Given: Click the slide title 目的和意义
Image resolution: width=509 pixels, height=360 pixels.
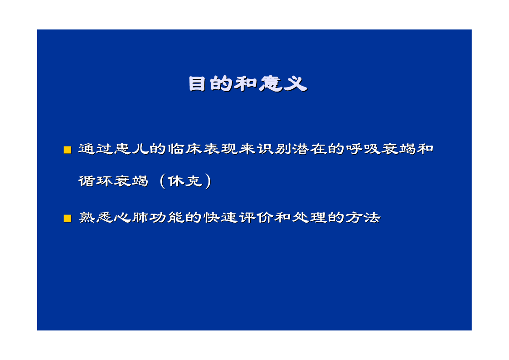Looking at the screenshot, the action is pos(248,84).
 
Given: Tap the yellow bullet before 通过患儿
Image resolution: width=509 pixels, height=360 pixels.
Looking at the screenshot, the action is pos(68,150).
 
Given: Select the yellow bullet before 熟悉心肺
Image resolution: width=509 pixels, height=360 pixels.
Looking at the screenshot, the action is pos(68,218).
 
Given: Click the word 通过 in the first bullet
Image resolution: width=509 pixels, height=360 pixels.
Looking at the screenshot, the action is pos(96,149).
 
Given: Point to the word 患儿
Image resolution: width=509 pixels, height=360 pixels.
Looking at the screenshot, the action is pos(131,149).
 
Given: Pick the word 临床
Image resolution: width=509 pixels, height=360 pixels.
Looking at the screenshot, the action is pos(185,149).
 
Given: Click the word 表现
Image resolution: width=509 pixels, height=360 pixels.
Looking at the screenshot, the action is pos(221,149).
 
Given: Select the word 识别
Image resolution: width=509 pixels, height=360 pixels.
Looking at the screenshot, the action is pos(274,149).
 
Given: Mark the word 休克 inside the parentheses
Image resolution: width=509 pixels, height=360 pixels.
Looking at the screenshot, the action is pos(185,181).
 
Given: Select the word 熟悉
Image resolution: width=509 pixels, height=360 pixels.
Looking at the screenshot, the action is pos(96,218).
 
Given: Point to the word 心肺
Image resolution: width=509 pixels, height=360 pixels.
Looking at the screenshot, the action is pos(131,218).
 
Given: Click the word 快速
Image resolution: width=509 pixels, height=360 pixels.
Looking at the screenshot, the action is pos(221,218).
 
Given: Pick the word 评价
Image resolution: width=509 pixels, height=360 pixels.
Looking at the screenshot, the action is pos(256,218).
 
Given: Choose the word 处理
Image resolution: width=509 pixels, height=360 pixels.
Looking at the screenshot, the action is pos(310,218).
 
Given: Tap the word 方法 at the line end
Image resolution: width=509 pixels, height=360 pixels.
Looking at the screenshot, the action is pos(363,218).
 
